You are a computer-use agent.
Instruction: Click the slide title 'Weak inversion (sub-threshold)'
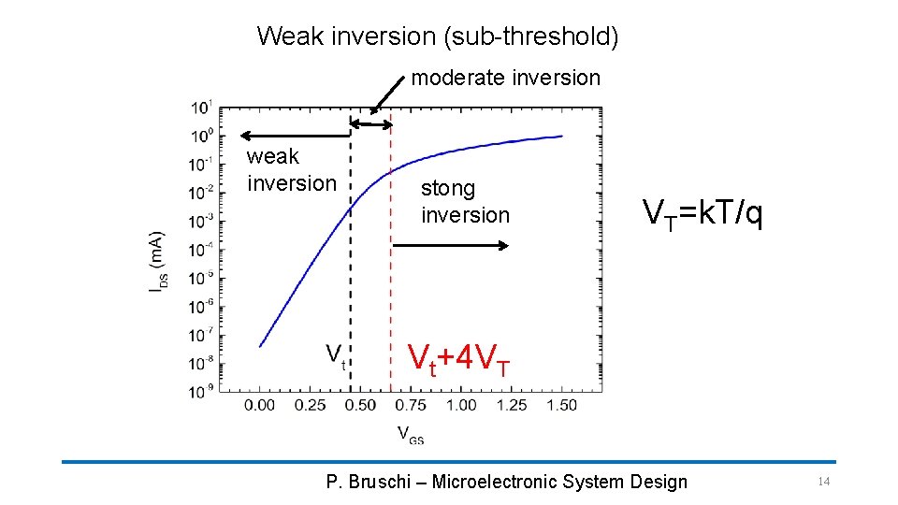coord(438,36)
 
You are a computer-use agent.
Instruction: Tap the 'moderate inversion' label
coord(505,78)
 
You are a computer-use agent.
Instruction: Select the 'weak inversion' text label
coord(290,169)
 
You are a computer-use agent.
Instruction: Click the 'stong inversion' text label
coord(465,201)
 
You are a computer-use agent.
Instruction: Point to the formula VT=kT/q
coord(702,214)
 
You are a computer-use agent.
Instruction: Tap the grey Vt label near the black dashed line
coord(335,354)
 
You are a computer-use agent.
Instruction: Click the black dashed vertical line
coord(351,281)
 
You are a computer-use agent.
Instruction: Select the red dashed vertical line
coord(390,281)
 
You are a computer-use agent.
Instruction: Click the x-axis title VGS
coord(410,433)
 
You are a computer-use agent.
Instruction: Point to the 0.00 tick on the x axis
coord(260,405)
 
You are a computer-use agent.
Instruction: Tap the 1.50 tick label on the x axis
coord(561,405)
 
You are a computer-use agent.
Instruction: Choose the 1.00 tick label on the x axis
coord(461,405)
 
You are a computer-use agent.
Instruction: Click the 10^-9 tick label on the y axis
coord(201,390)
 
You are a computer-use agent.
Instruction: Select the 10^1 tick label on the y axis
coord(202,106)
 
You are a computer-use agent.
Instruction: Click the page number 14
coord(823,481)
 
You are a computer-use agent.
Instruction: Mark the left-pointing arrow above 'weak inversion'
coord(290,136)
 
